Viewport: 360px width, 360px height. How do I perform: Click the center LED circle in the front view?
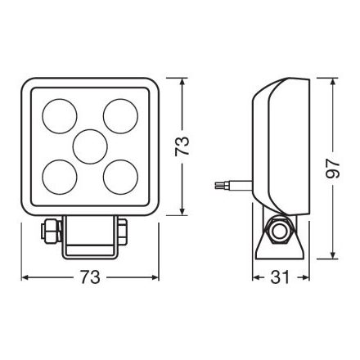pos(90,147)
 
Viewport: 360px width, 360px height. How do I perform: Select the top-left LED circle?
pos(60,116)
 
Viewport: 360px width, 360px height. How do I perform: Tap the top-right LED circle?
pos(120,116)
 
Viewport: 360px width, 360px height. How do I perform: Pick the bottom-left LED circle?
pos(60,178)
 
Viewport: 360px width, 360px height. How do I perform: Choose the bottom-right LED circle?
pos(120,178)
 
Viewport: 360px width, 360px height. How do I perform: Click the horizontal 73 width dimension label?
pos(90,277)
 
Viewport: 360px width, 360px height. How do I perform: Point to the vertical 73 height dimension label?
pos(182,146)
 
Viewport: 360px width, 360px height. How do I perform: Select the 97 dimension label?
pos(333,169)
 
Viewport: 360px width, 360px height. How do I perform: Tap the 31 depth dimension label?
pos(280,277)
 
